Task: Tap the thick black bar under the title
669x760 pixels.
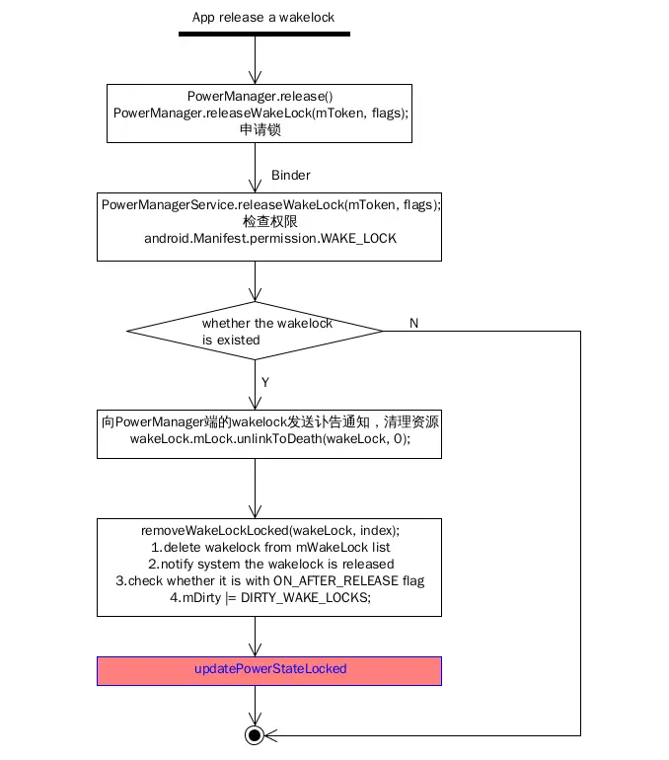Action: point(264,34)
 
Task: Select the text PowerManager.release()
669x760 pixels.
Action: point(255,97)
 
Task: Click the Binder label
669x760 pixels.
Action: point(290,176)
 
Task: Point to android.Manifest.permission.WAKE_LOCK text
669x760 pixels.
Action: point(269,239)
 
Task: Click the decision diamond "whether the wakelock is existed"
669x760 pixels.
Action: point(256,332)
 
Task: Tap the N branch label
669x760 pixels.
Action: point(413,324)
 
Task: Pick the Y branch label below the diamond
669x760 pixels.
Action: point(264,381)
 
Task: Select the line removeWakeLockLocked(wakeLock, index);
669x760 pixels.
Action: point(269,530)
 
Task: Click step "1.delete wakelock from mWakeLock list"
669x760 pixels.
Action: point(269,547)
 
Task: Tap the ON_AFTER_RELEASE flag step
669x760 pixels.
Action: point(269,580)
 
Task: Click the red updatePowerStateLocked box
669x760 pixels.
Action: point(269,669)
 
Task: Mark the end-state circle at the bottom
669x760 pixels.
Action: point(255,735)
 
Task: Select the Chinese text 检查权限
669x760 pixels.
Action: point(269,222)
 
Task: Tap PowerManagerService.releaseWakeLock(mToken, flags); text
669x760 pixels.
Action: point(270,204)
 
